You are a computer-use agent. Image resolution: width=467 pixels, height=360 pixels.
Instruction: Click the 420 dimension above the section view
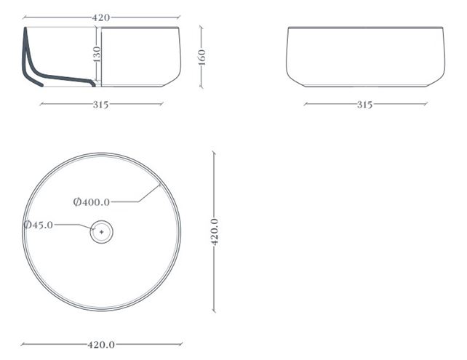click(100, 17)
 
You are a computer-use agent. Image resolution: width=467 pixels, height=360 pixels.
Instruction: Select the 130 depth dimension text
click(97, 54)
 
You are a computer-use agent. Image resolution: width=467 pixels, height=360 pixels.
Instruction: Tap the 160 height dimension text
click(201, 57)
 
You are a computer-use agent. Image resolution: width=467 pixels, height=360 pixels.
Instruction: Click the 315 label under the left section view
click(100, 105)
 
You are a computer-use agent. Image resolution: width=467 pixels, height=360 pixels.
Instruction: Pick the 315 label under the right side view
click(365, 105)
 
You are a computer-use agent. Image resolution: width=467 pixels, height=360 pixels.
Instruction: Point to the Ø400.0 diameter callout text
click(92, 202)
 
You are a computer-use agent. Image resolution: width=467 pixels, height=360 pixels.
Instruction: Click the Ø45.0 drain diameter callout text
click(39, 225)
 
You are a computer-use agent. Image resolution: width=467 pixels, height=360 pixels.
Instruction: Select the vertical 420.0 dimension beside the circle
click(215, 232)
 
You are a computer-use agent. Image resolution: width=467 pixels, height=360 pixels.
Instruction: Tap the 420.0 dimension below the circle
click(101, 345)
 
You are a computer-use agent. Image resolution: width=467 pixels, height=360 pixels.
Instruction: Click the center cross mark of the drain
click(102, 232)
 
